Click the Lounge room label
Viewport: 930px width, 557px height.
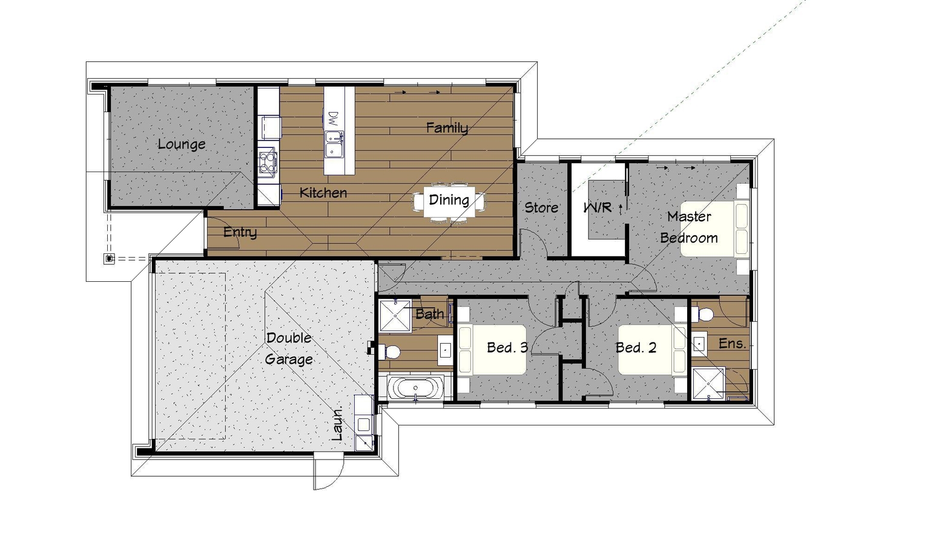[182, 144]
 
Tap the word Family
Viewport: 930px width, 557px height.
[447, 128]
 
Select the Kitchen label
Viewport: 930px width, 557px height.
[323, 193]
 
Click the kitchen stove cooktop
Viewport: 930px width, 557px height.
[268, 162]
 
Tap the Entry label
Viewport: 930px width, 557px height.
[240, 232]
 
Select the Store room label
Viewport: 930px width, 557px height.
[541, 207]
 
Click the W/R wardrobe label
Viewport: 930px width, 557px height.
[598, 207]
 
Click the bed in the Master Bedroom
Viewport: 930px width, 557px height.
[714, 228]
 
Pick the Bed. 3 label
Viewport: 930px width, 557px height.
[507, 347]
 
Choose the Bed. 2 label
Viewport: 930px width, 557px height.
[636, 347]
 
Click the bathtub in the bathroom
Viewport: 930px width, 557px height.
[415, 389]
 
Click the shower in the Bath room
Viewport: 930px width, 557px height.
[395, 315]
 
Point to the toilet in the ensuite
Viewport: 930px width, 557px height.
[702, 314]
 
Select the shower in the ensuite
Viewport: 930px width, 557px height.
[708, 383]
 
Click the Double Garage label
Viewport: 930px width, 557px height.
[289, 349]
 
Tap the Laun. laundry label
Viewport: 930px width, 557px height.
[337, 424]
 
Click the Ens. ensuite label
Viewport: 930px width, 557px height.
[732, 343]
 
